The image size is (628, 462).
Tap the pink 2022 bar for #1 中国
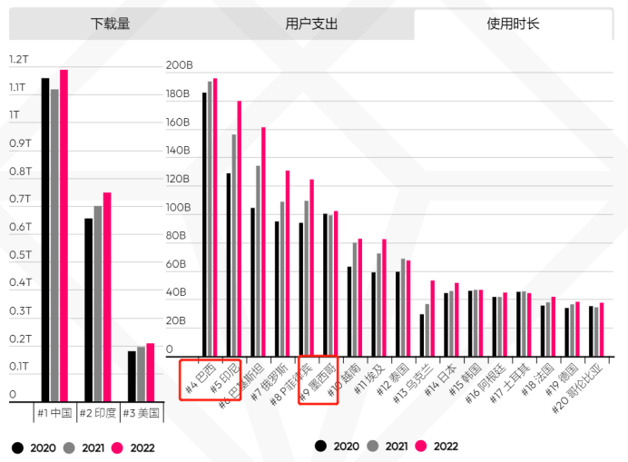click(64, 236)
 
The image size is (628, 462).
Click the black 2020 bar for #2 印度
click(88, 310)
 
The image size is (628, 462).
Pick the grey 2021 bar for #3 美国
click(141, 374)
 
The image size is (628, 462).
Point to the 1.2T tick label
click(19, 60)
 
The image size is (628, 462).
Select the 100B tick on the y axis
click(179, 208)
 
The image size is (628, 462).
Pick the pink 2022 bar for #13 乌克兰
click(432, 319)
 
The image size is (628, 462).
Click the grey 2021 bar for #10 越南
click(355, 300)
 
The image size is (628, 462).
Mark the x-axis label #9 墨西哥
click(319, 381)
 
